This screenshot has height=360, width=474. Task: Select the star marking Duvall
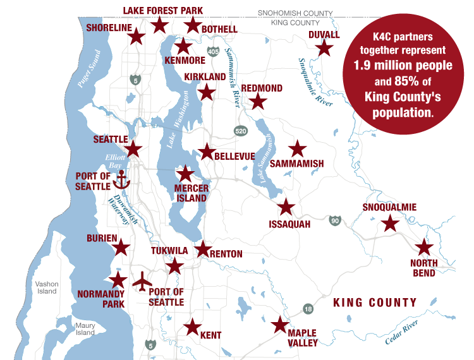[324, 48]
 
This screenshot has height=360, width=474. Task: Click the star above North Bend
[423, 248]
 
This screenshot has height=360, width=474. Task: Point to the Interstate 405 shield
[213, 51]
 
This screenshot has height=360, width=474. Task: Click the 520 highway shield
[240, 131]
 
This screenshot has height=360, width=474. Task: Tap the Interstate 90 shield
[334, 220]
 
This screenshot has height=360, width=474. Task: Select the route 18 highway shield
[308, 309]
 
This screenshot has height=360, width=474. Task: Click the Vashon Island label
[47, 287]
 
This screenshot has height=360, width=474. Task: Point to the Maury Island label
[85, 329]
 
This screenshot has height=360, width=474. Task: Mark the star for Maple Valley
[279, 325]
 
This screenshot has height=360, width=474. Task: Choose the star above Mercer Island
[185, 174]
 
